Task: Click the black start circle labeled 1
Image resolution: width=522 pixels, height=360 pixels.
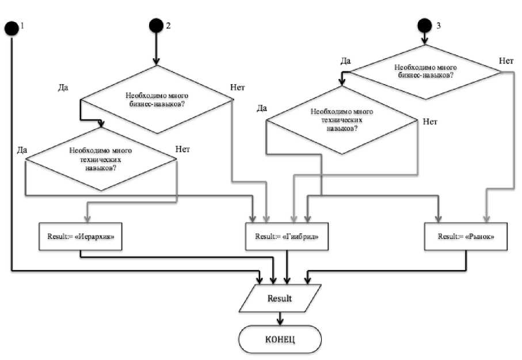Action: [x=11, y=27]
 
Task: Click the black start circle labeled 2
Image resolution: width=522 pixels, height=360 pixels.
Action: [x=156, y=25]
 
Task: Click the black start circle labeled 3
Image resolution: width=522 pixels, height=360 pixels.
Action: [x=425, y=25]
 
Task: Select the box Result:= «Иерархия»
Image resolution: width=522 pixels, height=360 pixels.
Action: [x=81, y=237]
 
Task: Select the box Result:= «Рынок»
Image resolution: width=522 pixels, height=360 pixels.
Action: [x=466, y=237]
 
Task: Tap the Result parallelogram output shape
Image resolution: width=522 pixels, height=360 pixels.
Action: [x=280, y=298]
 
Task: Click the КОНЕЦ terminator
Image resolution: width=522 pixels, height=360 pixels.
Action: [x=280, y=339]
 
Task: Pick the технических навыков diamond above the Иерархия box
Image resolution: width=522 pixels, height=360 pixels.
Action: [x=102, y=161]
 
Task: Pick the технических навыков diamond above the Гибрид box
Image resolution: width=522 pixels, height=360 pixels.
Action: [x=342, y=120]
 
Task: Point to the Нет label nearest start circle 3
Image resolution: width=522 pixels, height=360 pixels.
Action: [x=506, y=60]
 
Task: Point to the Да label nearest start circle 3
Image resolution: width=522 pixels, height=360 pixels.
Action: [x=345, y=60]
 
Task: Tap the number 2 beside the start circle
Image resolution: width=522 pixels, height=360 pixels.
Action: [x=168, y=25]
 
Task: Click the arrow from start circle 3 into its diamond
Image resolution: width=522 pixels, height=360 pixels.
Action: [x=425, y=39]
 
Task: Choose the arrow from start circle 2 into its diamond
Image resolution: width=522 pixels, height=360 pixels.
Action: [x=156, y=49]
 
